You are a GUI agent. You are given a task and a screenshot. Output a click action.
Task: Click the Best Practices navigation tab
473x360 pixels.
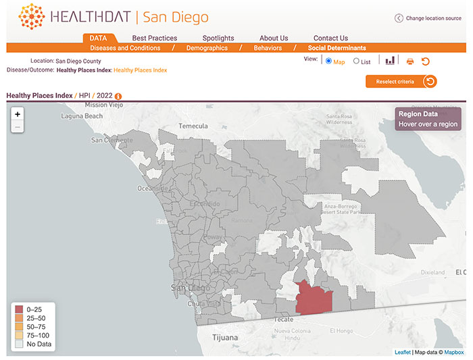click(155, 38)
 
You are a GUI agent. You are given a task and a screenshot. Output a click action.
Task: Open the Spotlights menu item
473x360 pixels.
click(218, 38)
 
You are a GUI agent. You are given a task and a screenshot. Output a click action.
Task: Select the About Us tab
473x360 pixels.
click(274, 38)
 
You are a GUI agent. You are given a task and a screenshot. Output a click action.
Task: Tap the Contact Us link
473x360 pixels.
click(330, 38)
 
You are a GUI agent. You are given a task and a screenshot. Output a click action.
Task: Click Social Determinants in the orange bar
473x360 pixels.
click(337, 48)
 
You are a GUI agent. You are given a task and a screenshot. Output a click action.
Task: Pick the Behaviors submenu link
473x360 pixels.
click(268, 48)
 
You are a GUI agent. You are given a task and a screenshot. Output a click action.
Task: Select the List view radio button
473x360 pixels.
click(357, 61)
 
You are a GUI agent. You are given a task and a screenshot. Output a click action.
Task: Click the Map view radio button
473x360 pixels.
click(329, 61)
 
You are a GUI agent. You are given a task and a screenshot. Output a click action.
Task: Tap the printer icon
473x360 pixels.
click(409, 61)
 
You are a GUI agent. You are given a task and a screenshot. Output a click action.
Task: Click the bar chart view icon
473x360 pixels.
click(390, 61)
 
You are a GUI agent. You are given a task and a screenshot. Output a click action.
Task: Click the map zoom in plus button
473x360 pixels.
click(18, 114)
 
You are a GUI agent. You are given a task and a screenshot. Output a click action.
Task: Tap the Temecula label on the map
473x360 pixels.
click(193, 126)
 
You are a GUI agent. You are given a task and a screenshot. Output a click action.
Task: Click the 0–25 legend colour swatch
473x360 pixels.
click(18, 309)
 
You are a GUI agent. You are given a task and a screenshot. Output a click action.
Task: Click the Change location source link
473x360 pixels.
click(428, 18)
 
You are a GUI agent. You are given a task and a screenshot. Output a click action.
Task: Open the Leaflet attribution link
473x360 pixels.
click(403, 352)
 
